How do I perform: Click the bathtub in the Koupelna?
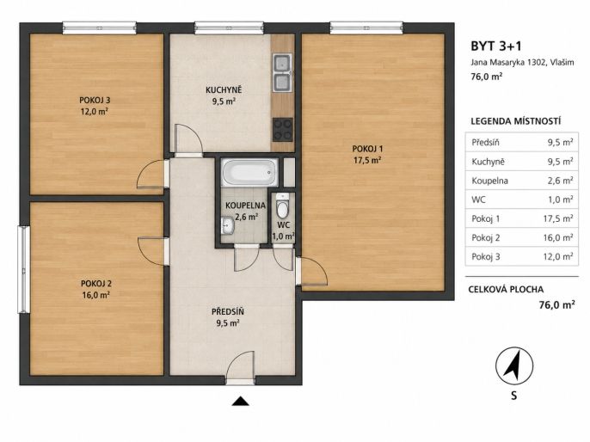[249, 173]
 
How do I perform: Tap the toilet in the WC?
[282, 206]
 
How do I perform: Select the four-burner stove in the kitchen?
[283, 129]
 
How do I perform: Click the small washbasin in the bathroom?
[227, 225]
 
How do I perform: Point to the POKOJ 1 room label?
[367, 149]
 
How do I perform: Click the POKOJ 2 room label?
[96, 284]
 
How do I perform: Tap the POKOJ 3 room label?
[95, 101]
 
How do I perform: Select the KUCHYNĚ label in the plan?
[224, 90]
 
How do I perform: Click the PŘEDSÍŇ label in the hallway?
[228, 312]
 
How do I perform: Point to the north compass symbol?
[514, 365]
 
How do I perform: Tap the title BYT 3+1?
[496, 46]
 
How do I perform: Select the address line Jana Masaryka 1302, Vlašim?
[522, 63]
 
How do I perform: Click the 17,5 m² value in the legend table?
[558, 218]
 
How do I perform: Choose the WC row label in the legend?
[478, 200]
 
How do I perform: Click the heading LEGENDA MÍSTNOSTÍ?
[516, 121]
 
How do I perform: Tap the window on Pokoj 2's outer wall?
[24, 269]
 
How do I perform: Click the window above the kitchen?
[229, 28]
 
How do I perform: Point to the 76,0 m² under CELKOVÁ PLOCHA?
[557, 304]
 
